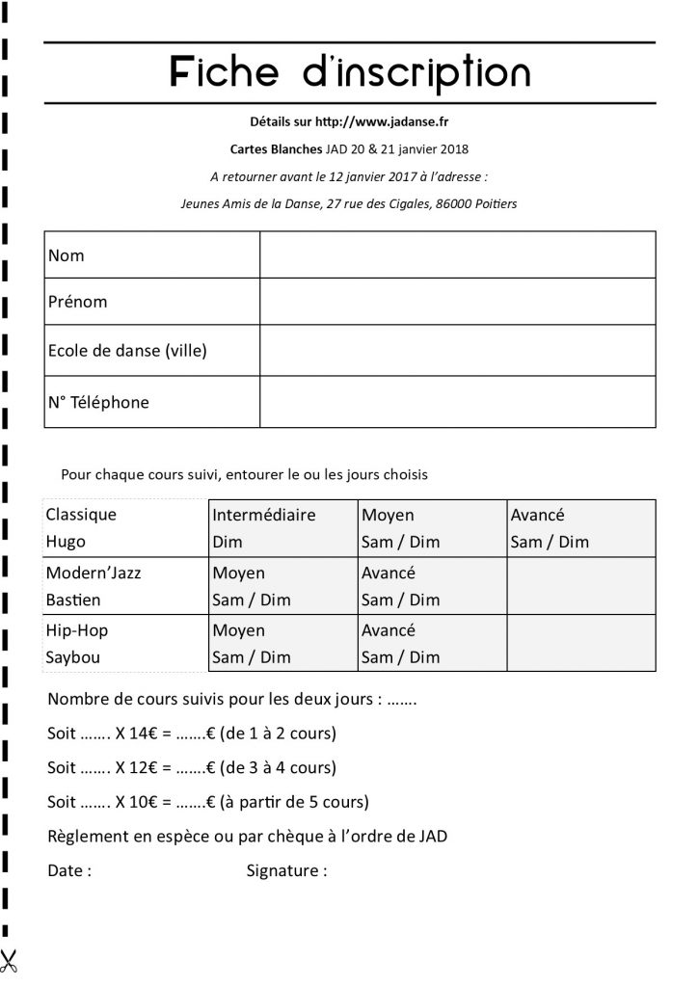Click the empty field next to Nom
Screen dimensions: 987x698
pyautogui.click(x=457, y=255)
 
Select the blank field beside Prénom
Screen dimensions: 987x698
pyautogui.click(x=457, y=302)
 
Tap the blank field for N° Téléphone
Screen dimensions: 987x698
pyautogui.click(x=457, y=402)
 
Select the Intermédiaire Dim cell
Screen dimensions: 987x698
pyautogui.click(x=282, y=527)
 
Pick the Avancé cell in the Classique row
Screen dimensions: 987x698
pyautogui.click(x=581, y=527)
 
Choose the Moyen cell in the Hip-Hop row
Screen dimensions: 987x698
pyautogui.click(x=282, y=644)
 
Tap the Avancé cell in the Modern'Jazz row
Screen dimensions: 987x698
pyautogui.click(x=432, y=586)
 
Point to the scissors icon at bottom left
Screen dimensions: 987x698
pyautogui.click(x=11, y=960)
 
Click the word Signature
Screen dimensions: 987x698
pyautogui.click(x=286, y=871)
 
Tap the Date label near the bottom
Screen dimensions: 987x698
pyautogui.click(x=69, y=871)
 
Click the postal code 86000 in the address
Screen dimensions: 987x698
pyautogui.click(x=454, y=203)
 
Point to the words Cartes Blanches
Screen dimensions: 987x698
pyautogui.click(x=269, y=149)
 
